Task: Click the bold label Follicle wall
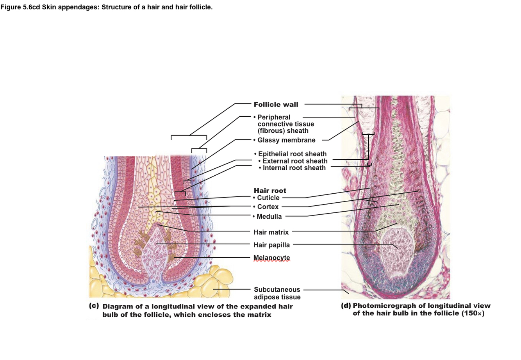pyautogui.click(x=276, y=104)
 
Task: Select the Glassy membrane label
pyautogui.click(x=286, y=140)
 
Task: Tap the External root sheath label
pyautogui.click(x=295, y=161)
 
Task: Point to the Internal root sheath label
pyautogui.click(x=294, y=168)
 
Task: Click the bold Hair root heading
pyautogui.click(x=270, y=191)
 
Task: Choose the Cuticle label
pyautogui.click(x=268, y=198)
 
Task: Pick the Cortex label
pyautogui.click(x=268, y=207)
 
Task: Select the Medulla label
pyautogui.click(x=269, y=216)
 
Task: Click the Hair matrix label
pyautogui.click(x=271, y=232)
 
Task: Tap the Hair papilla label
pyautogui.click(x=271, y=245)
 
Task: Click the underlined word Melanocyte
pyautogui.click(x=271, y=258)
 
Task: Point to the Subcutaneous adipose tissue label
pyautogui.click(x=277, y=293)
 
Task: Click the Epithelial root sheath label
pyautogui.click(x=292, y=154)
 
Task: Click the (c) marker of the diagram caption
pyautogui.click(x=94, y=306)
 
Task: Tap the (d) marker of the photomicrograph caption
pyautogui.click(x=346, y=305)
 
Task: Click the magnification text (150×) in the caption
pyautogui.click(x=473, y=314)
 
